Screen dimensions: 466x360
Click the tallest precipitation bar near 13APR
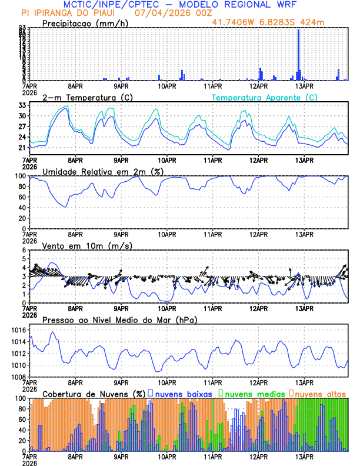[x=299, y=54]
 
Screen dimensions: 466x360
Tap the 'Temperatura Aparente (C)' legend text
[x=264, y=97]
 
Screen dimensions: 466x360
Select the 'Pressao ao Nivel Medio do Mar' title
[x=119, y=320]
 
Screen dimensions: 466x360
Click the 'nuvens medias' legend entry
[x=252, y=393]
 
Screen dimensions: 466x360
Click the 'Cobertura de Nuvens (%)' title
[x=94, y=393]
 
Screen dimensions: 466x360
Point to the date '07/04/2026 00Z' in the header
[x=167, y=12]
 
